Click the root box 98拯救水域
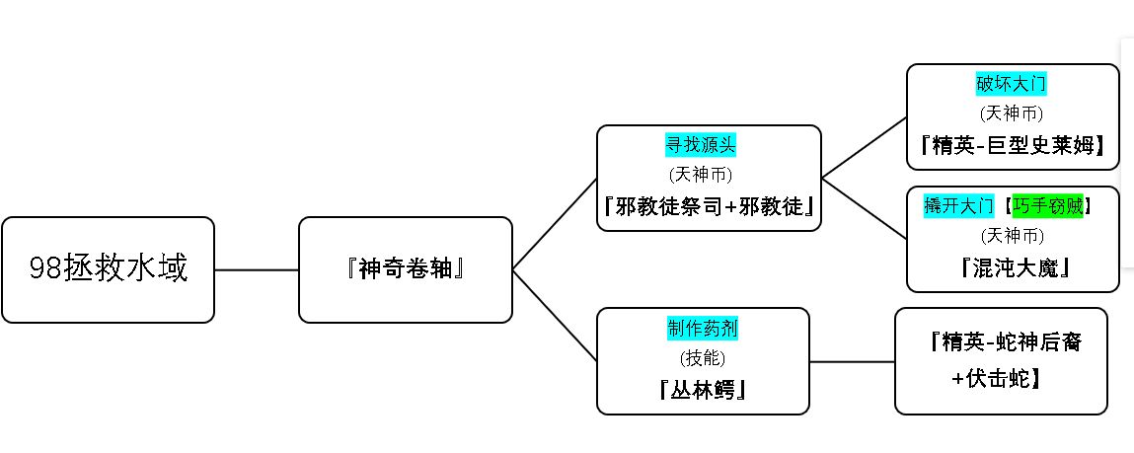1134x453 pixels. pos(108,269)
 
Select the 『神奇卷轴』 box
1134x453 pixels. pos(405,269)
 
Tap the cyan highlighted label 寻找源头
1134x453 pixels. pos(700,145)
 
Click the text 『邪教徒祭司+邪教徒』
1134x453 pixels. pos(709,206)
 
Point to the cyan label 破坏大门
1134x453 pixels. pos(1011,84)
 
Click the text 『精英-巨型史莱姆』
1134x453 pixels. pos(1013,145)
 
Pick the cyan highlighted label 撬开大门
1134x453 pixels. pos(959,206)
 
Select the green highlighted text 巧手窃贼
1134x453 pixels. pos(1047,206)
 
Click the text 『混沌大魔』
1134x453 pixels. pos(1013,267)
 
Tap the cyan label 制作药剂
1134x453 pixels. pos(703,329)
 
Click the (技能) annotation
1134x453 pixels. pos(703,358)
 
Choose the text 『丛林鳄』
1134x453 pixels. pos(703,390)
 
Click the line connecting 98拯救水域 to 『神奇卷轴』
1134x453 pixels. pos(257,269)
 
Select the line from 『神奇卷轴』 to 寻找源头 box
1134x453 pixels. pos(555,224)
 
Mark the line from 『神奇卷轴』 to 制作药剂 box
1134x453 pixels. pos(555,316)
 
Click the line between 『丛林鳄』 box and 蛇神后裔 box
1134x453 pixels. pos(852,361)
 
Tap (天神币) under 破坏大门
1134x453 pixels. pos(1012,113)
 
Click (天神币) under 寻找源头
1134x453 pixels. pos(700,175)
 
